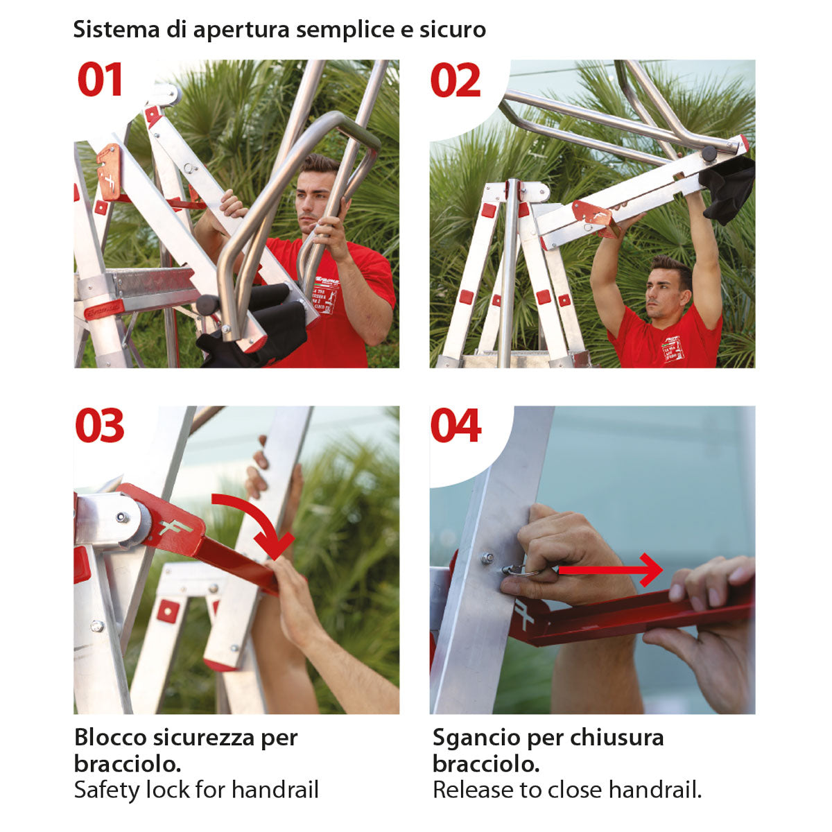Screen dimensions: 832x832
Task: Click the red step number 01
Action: point(100,79)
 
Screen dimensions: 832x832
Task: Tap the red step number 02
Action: point(456,80)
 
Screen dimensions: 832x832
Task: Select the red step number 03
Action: point(100,425)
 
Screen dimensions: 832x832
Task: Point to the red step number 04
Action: point(456,426)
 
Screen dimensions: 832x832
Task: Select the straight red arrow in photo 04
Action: point(611,570)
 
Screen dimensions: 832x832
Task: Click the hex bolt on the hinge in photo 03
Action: point(123,517)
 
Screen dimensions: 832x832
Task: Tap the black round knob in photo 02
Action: point(709,153)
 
